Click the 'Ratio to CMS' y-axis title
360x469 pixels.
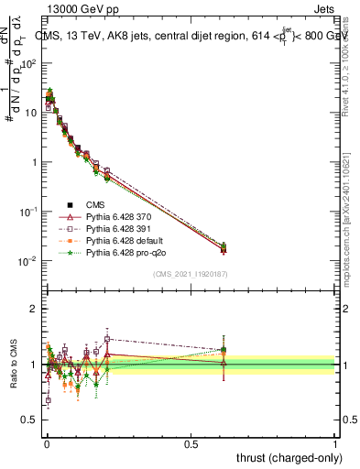click(13, 365)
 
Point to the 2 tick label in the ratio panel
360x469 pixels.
click(34, 310)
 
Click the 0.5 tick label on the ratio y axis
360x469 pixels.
click(30, 420)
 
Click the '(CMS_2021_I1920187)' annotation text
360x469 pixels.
click(190, 274)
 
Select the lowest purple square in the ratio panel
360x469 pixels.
click(48, 400)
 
